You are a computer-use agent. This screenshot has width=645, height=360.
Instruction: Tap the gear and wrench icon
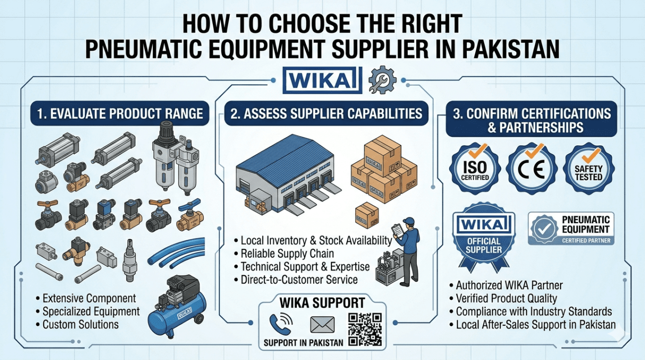(x=382, y=81)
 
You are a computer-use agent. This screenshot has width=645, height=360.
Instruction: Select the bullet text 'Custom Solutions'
(x=80, y=325)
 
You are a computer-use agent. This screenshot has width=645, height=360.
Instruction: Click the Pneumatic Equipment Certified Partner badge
(x=571, y=229)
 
